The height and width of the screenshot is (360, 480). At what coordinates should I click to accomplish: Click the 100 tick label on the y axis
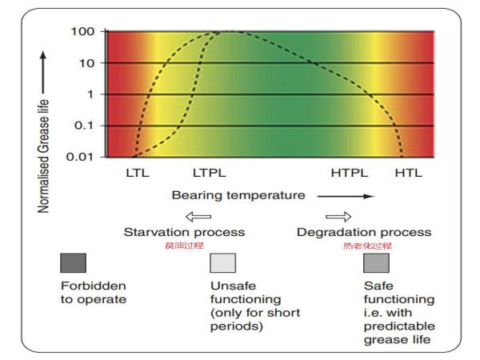coord(84,31)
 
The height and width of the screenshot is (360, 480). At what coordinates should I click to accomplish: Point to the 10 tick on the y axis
coord(87,63)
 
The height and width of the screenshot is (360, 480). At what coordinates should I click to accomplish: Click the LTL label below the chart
coord(138,172)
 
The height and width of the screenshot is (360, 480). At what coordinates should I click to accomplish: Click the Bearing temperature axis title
coord(238,194)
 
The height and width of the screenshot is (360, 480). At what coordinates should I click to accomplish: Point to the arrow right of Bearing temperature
coord(345,195)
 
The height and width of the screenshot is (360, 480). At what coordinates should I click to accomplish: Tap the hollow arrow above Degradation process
coord(339,215)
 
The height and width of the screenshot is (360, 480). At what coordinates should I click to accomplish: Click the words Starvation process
coord(184,232)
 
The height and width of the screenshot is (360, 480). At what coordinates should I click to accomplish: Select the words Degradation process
coord(364,232)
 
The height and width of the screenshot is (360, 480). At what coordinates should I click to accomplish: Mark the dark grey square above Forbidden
coord(73,263)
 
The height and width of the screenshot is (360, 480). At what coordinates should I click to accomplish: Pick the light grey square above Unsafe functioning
coord(222,263)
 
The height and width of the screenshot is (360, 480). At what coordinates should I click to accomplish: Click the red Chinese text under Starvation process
coord(185,245)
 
